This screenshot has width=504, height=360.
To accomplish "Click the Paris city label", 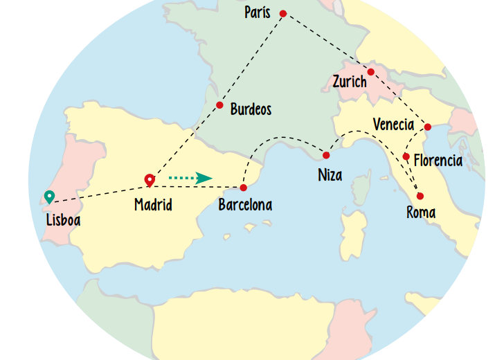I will pos(257,12).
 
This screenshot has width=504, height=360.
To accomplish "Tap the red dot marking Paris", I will pos(282,13).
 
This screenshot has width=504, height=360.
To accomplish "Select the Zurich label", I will pos(350,82).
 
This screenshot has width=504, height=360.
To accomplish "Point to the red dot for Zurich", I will pos(371,72).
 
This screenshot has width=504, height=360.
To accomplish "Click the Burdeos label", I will pos(251,109).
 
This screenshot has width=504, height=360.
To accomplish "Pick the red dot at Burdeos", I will pos(219,105).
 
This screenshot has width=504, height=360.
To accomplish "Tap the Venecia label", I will pos(393,125).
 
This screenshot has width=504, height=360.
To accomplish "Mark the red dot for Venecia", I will pos(427,127).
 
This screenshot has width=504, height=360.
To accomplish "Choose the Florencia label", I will pos(438,161).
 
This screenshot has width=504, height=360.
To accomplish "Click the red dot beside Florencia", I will pos(406,156).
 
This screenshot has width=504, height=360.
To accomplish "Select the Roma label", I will pos(421,213).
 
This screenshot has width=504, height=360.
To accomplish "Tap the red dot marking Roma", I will pos(420,196).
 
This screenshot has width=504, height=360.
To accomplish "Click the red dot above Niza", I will pos(326,154).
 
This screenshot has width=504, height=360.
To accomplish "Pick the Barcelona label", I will pos(244,205).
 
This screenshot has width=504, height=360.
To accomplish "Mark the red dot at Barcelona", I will pos(243,188).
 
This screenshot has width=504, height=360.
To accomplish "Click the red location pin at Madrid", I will pos(149,181).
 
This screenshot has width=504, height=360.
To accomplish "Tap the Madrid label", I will pos(153,205).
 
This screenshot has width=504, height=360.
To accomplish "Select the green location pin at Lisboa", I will pos(49,197).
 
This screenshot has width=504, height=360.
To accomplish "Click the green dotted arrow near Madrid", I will pos(190,178).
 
